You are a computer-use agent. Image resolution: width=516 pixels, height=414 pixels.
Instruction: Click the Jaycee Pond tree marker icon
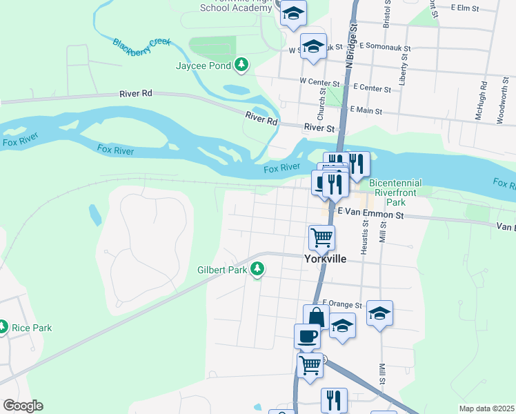pyautogui.click(x=241, y=66)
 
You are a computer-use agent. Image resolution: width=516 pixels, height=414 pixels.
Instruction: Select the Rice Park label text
pyautogui.click(x=32, y=328)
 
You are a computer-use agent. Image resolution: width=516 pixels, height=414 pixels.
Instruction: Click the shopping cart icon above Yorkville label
pyautogui.click(x=321, y=237)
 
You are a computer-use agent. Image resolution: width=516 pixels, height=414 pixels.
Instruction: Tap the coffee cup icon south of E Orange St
pyautogui.click(x=307, y=336)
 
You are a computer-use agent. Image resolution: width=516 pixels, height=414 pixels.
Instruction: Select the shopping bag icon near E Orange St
pyautogui.click(x=316, y=318)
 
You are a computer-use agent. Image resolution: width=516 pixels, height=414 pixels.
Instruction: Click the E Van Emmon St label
pyautogui.click(x=370, y=215)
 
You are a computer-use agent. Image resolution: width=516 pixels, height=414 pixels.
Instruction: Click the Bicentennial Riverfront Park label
pyautogui.click(x=396, y=193)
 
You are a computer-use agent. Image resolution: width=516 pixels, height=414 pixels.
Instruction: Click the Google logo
pyautogui.click(x=23, y=406)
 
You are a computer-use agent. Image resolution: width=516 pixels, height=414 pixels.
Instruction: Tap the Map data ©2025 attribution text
pyautogui.click(x=486, y=408)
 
